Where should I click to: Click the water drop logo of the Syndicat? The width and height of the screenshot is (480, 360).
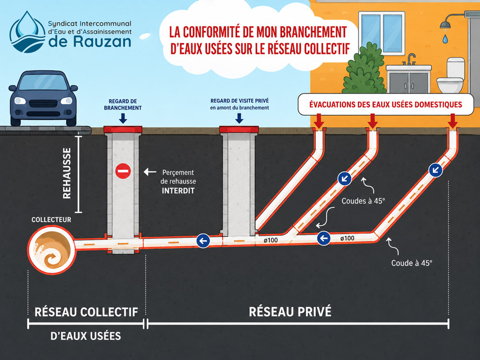click(27, 32)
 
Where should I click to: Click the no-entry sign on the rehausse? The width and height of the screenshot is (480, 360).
click(123, 171)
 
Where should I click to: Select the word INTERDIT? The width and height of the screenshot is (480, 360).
click(178, 191)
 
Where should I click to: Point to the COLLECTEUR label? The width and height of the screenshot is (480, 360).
click(51, 219)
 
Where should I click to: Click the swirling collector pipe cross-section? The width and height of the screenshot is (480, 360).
click(51, 249)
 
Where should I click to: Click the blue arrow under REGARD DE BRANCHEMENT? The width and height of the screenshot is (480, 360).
click(123, 118)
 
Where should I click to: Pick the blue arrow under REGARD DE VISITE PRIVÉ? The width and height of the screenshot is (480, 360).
click(239, 118)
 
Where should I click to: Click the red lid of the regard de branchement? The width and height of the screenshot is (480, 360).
click(123, 129)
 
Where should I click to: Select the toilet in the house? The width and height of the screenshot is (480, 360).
click(451, 75)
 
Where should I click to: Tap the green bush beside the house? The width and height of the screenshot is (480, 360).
click(364, 69)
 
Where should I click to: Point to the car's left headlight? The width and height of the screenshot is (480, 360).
click(20, 100)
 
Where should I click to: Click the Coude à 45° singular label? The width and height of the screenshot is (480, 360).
click(412, 263)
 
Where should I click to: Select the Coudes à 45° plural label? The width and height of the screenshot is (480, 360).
click(363, 201)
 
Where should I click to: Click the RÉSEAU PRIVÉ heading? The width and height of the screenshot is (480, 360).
click(290, 312)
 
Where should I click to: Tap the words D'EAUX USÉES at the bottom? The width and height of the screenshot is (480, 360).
click(86, 336)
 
